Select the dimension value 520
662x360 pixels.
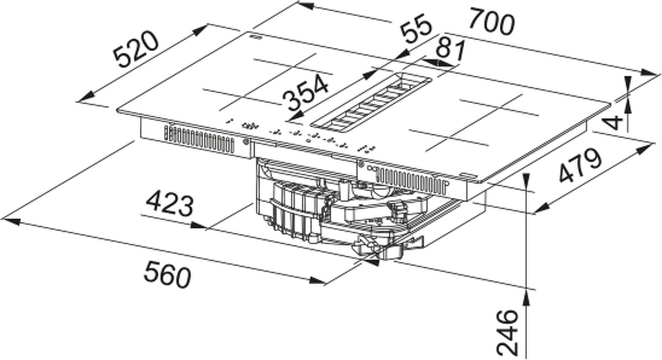pos(137,49)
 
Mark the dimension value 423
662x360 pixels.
pos(168,203)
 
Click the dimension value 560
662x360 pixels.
pos(167,274)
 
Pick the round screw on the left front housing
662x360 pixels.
pos(247,143)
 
